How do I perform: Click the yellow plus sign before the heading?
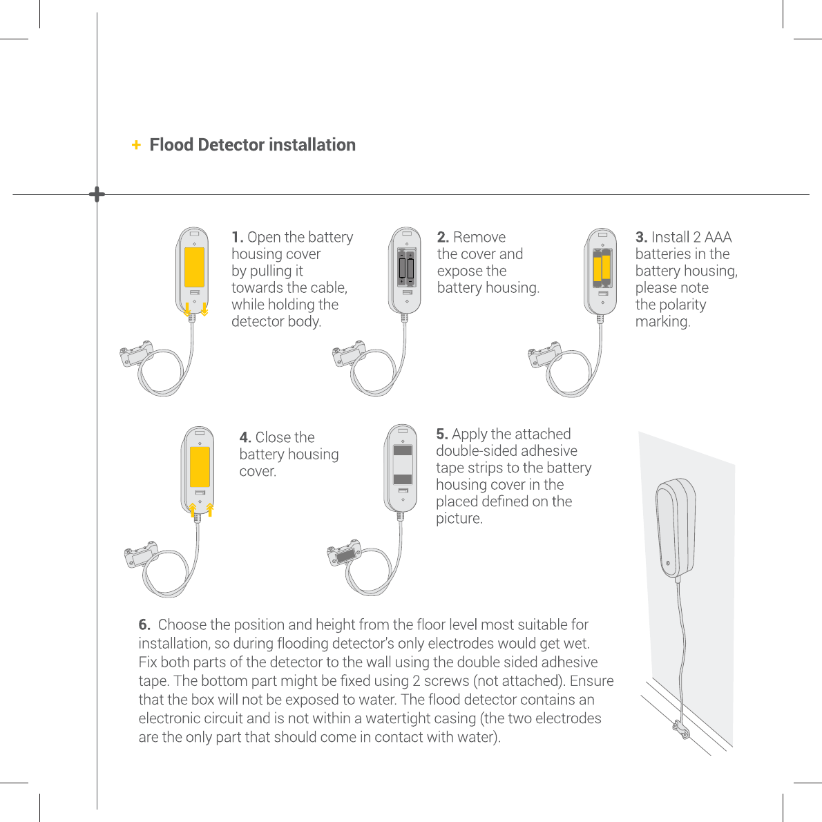pyautogui.click(x=136, y=145)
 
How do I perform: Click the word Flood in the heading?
pyautogui.click(x=171, y=145)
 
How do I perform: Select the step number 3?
pyautogui.click(x=641, y=238)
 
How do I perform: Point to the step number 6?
pyautogui.click(x=144, y=625)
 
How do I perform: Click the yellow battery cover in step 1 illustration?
pyautogui.click(x=194, y=267)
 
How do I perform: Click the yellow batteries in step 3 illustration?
pyautogui.click(x=602, y=267)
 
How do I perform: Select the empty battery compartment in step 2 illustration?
pyautogui.click(x=405, y=267)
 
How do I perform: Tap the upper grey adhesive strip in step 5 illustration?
pyautogui.click(x=403, y=451)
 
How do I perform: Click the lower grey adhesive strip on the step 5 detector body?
pyautogui.click(x=403, y=479)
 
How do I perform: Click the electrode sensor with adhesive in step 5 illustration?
pyautogui.click(x=344, y=554)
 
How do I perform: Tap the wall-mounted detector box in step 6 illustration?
pyautogui.click(x=673, y=528)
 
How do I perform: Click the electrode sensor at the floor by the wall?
pyautogui.click(x=680, y=731)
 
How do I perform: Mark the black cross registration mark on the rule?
pyautogui.click(x=97, y=195)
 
